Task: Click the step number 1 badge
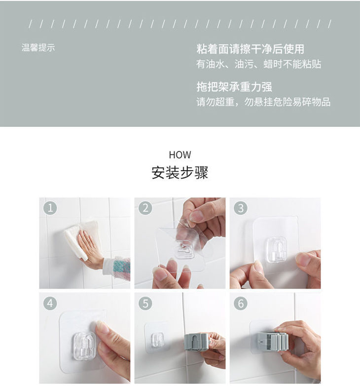tap(50, 208)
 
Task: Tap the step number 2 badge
tap(145, 208)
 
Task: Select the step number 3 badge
tap(241, 208)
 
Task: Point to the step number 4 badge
tap(50, 303)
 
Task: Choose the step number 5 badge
tap(145, 303)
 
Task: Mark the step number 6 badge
tap(241, 303)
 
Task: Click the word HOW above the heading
tap(180, 155)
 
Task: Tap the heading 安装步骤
tap(180, 173)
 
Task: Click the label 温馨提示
tap(38, 47)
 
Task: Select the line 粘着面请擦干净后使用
tap(251, 49)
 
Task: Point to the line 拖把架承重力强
tap(234, 87)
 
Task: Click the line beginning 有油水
tap(259, 64)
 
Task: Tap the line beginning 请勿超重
tap(263, 102)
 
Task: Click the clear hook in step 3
tap(277, 249)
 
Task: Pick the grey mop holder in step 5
tap(197, 342)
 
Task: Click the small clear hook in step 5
tap(157, 340)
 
